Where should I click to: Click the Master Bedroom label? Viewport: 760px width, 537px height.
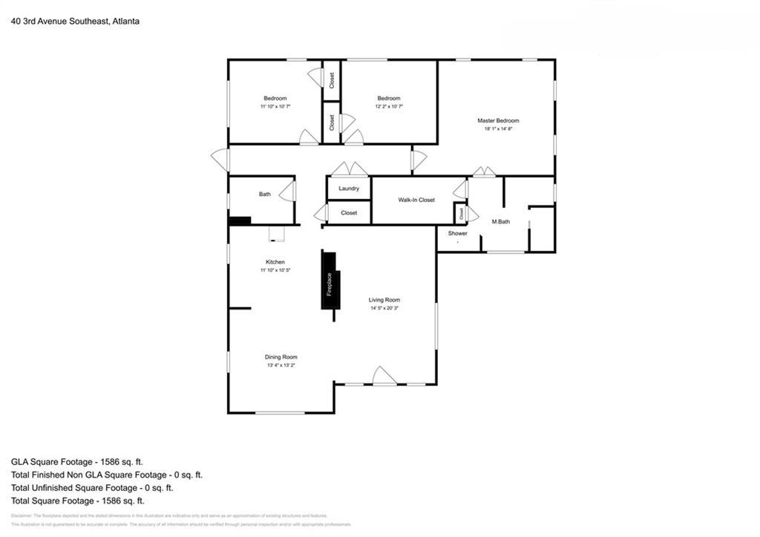point(497,120)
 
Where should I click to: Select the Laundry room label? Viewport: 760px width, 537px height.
point(349,189)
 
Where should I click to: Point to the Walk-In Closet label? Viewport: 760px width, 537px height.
point(416,200)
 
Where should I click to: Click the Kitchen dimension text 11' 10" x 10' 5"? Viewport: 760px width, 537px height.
point(275,270)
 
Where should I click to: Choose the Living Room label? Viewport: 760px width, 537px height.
point(384,300)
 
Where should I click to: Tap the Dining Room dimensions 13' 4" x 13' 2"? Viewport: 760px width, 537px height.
point(281,365)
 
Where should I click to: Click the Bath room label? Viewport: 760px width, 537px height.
point(265,195)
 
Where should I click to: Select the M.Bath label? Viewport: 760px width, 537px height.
point(501,222)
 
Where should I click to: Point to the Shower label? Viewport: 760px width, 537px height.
point(457,233)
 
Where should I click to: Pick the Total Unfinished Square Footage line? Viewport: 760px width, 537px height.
point(92,488)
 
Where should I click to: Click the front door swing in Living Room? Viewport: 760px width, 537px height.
point(384,377)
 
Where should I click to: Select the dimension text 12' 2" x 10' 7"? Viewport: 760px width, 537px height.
point(389,107)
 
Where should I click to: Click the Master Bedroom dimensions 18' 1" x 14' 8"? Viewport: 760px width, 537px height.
point(498,128)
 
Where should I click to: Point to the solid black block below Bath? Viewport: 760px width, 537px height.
point(240,220)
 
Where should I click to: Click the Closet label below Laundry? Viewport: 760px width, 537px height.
point(349,213)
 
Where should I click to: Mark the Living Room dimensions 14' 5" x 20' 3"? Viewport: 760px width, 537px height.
point(384,308)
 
